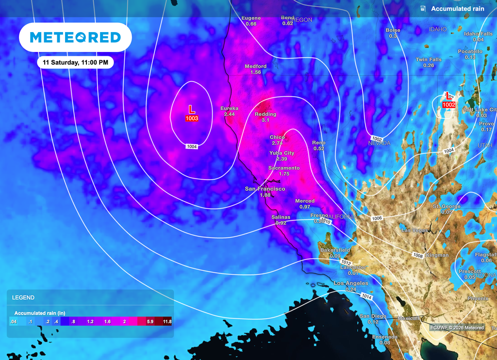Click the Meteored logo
point(75,37)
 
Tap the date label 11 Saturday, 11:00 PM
point(75,63)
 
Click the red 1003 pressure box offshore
point(192,118)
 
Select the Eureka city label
point(230,108)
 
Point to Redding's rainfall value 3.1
point(265,120)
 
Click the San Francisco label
point(265,189)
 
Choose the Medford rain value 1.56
point(256,72)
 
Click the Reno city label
point(319,143)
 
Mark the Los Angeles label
point(350,283)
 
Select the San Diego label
point(373,316)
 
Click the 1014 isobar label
point(366,296)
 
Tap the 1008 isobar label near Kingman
point(418,255)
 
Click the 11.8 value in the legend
point(167,322)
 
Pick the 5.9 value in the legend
point(150,322)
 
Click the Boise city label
point(393,30)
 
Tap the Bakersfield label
point(335,250)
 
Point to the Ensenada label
point(384,337)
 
